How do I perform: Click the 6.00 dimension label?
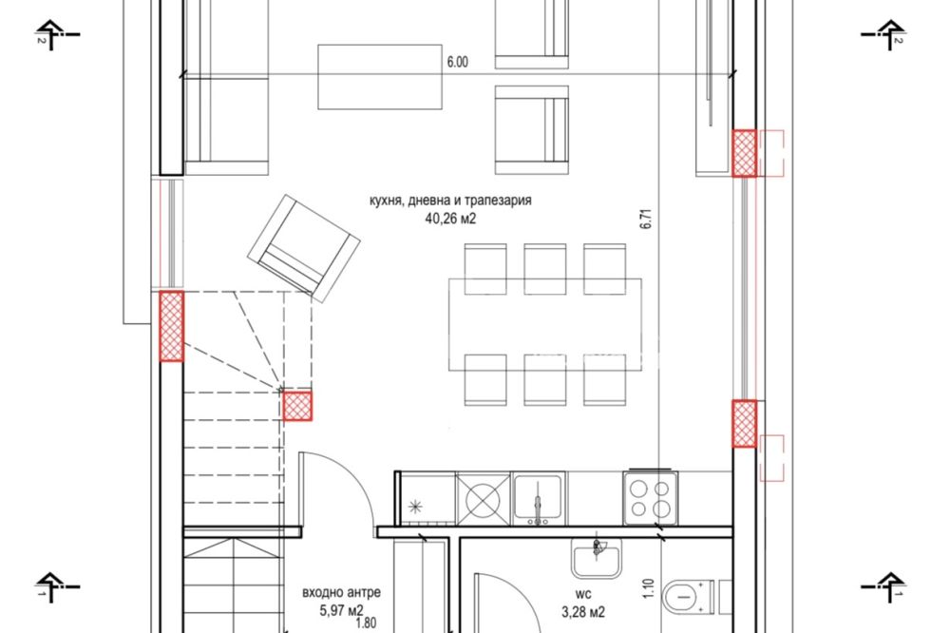tap(458, 62)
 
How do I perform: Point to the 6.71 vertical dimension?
tap(646, 219)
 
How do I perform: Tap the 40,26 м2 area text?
tap(450, 219)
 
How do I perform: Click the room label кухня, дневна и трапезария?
tap(450, 201)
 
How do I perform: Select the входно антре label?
tap(342, 592)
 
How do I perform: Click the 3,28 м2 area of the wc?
tap(583, 612)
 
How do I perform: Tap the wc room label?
tap(583, 594)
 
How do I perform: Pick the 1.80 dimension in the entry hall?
tap(366, 623)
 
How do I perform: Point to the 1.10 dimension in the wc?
tap(649, 588)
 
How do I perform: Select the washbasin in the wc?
tap(597, 557)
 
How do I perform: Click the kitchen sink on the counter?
tap(538, 498)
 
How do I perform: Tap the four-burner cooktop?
tap(650, 498)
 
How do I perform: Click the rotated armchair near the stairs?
tap(304, 249)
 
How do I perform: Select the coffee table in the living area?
tap(380, 76)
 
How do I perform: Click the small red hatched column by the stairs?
tap(297, 406)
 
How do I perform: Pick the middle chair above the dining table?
tap(545, 269)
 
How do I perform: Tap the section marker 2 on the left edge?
tap(56, 35)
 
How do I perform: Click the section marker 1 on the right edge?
tap(883, 587)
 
